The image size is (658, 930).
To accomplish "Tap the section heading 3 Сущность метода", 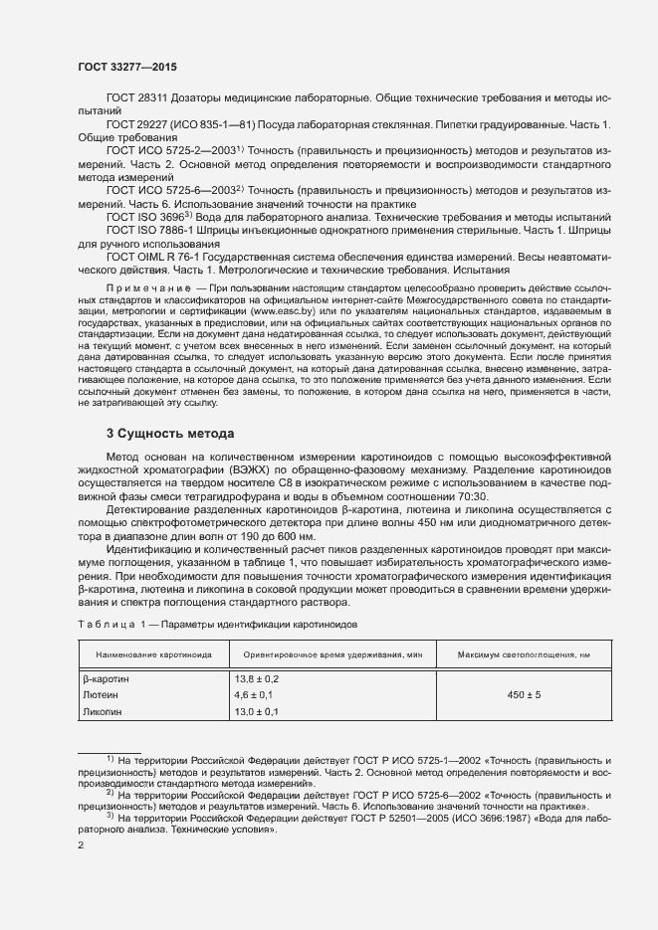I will click(x=170, y=434).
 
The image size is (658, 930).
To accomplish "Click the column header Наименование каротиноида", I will click(x=153, y=654).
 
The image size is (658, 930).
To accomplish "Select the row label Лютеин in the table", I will click(x=103, y=694).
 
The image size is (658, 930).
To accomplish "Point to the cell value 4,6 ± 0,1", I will click(x=256, y=694).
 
